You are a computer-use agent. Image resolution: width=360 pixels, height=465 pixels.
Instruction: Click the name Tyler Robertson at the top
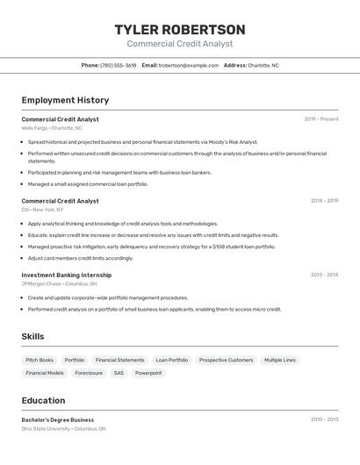(180, 30)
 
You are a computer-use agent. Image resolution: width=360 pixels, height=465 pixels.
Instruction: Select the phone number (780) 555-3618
(118, 65)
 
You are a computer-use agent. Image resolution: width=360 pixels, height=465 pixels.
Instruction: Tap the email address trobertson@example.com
(188, 65)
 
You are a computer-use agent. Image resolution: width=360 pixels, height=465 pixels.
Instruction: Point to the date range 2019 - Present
(320, 119)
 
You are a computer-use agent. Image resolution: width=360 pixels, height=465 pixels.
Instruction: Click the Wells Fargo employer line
(52, 128)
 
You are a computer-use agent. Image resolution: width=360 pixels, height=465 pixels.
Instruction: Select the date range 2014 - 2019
(324, 201)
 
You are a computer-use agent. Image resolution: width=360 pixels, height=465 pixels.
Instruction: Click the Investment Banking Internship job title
(67, 275)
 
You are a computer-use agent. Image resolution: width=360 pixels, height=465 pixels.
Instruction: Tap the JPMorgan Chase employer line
(59, 283)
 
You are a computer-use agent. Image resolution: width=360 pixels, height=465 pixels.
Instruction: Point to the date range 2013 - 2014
(324, 275)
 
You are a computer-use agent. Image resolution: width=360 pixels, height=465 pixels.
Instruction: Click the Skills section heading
(32, 336)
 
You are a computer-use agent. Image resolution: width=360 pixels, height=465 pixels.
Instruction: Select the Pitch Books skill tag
(40, 360)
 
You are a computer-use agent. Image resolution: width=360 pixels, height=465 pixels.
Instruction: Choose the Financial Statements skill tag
(119, 360)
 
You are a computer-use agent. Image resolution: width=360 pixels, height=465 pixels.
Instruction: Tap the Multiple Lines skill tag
(280, 360)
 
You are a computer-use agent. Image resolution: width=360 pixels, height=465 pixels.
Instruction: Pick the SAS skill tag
(119, 373)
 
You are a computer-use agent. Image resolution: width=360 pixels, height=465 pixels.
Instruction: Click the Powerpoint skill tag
(148, 373)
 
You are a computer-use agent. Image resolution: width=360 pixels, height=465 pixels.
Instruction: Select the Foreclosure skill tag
(89, 373)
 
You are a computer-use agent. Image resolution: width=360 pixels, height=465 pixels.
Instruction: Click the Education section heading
(43, 400)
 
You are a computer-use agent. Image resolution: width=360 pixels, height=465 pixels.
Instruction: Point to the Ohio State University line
(63, 429)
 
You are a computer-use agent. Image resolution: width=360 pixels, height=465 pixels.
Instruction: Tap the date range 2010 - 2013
(324, 419)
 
